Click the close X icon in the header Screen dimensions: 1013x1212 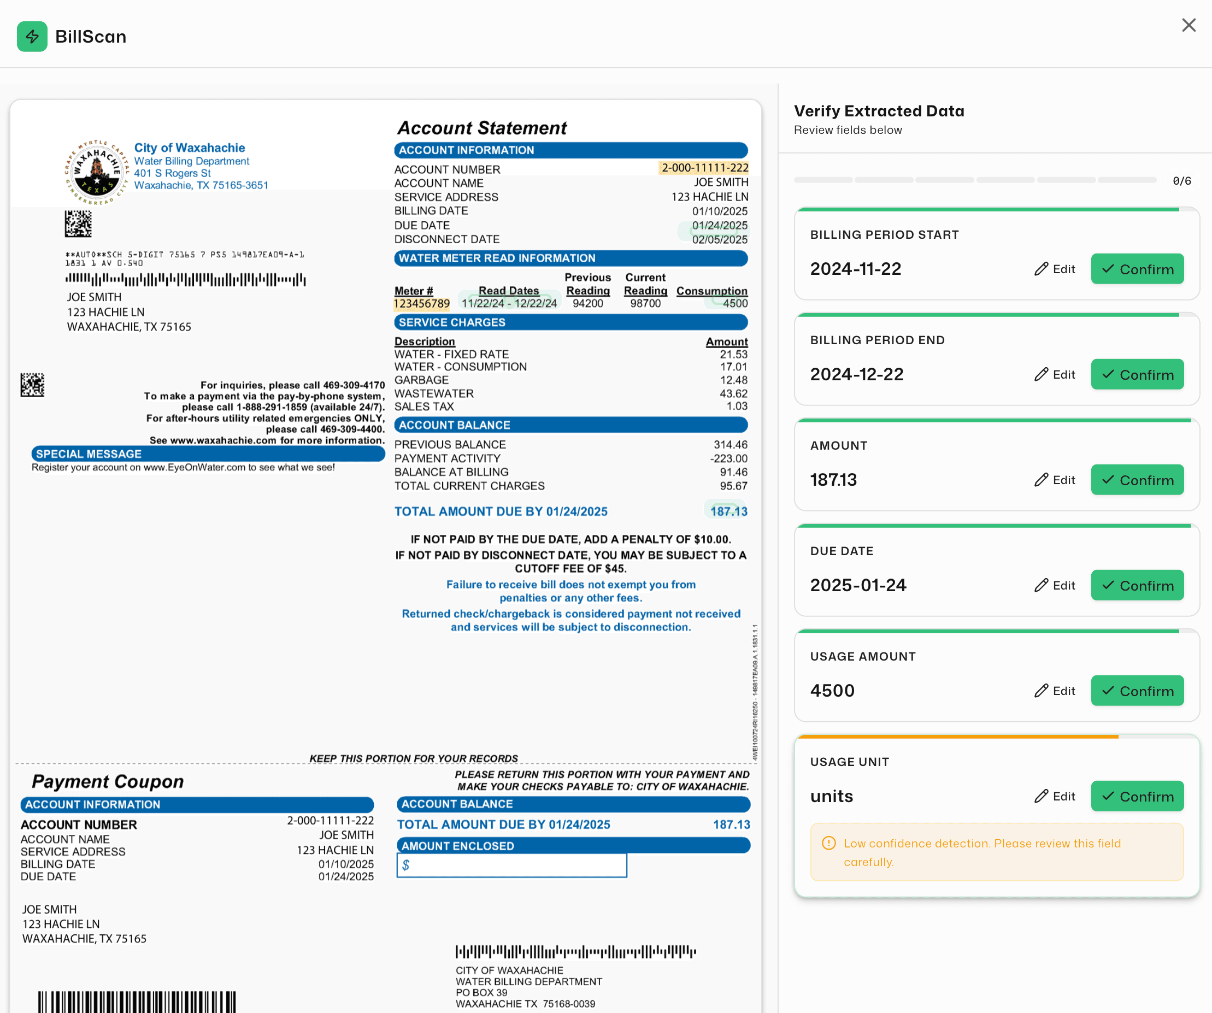pos(1189,25)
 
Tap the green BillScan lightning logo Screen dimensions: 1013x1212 pos(32,37)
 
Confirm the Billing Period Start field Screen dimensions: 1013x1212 pos(1137,269)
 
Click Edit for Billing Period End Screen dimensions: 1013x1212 pos(1055,375)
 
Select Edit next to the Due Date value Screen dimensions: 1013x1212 pos(1055,585)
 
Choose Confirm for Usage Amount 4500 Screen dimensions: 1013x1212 pos(1137,691)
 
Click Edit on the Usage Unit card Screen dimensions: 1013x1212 pos(1055,797)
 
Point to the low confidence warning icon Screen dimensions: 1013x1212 pos(828,843)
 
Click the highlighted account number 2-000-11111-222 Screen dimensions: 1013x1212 pos(704,168)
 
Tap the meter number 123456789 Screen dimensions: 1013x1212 pos(421,304)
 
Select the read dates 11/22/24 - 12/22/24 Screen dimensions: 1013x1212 pos(509,304)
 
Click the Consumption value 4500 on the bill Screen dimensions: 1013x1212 pos(735,304)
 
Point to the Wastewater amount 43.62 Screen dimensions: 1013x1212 pos(733,393)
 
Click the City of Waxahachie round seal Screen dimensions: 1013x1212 pos(96,172)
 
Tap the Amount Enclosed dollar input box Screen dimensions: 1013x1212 pos(511,865)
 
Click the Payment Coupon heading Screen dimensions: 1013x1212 pos(108,781)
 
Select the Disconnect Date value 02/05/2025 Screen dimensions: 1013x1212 pos(719,239)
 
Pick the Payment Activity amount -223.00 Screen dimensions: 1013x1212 pos(728,459)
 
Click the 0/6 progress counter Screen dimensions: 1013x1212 pos(1181,181)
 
